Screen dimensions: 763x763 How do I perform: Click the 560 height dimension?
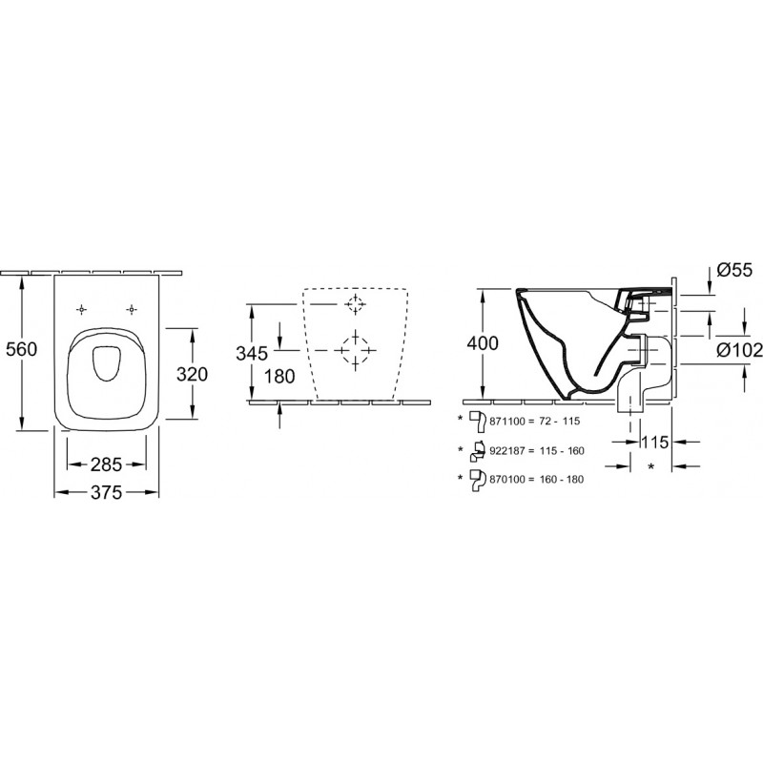click(21, 349)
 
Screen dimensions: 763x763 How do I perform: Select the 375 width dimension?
click(107, 492)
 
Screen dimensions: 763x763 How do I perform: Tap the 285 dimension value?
click(106, 464)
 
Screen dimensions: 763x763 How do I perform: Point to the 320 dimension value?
click(192, 374)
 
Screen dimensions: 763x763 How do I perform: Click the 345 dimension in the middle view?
click(252, 353)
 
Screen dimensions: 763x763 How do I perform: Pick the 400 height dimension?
click(483, 343)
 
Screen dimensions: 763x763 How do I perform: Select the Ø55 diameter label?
click(734, 270)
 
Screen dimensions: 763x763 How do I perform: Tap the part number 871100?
click(507, 422)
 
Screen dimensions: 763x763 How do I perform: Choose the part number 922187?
click(507, 451)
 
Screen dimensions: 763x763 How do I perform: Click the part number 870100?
click(507, 480)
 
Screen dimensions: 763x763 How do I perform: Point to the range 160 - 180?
click(562, 480)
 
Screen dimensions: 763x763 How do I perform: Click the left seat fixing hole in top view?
click(82, 309)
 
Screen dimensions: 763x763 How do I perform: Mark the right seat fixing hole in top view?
click(131, 309)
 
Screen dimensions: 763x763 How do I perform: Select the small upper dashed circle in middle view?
click(355, 304)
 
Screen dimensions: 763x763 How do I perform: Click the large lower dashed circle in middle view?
click(355, 350)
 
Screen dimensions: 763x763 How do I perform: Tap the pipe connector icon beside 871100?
click(478, 422)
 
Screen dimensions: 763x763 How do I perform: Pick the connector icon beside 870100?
click(479, 481)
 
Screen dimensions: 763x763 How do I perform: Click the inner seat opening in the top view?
click(106, 363)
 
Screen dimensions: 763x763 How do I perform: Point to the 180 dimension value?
click(279, 377)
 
